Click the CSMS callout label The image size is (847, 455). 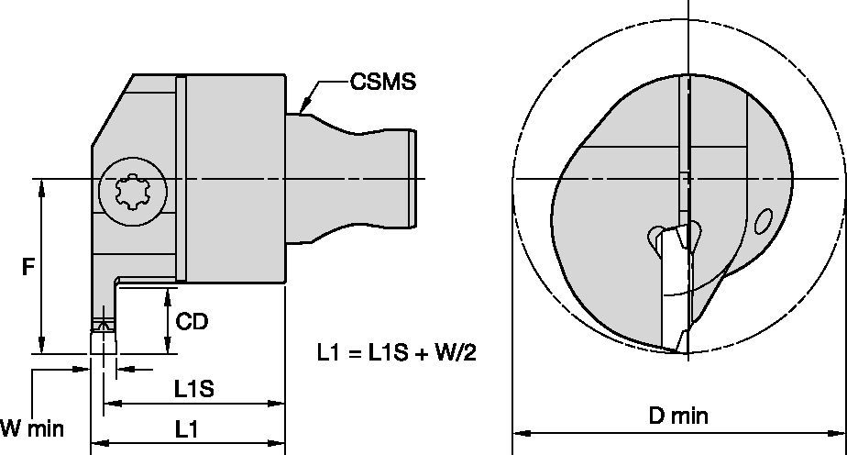pyautogui.click(x=382, y=82)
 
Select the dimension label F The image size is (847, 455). pyautogui.click(x=28, y=268)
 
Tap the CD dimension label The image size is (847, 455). pyautogui.click(x=192, y=322)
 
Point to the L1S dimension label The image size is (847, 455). pyautogui.click(x=193, y=388)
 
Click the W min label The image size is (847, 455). pyautogui.click(x=32, y=428)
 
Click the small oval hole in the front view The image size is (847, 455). pyautogui.click(x=762, y=221)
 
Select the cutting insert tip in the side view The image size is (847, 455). pyautogui.click(x=102, y=326)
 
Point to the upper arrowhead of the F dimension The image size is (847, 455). pyautogui.click(x=41, y=184)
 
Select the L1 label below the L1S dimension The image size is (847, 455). pyautogui.click(x=188, y=428)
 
